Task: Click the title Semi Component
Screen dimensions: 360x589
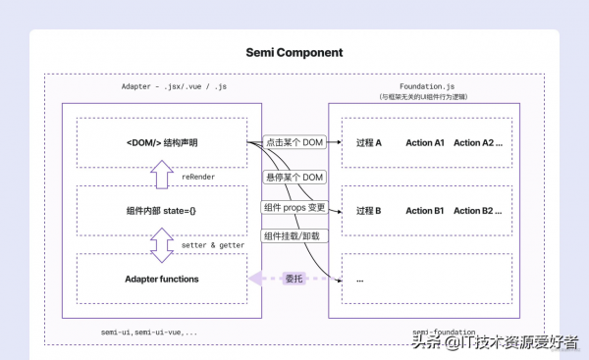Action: pyautogui.click(x=294, y=51)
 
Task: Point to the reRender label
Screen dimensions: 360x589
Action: pyautogui.click(x=199, y=178)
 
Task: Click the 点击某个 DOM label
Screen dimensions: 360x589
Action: pyautogui.click(x=294, y=143)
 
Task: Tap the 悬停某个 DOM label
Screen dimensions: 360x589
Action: pyautogui.click(x=294, y=177)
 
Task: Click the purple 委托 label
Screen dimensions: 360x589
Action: pyautogui.click(x=293, y=279)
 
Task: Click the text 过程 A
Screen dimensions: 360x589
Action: pyautogui.click(x=369, y=143)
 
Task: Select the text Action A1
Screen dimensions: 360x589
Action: pyautogui.click(x=425, y=143)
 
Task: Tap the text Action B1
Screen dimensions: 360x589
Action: pyautogui.click(x=425, y=211)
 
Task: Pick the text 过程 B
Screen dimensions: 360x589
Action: pyautogui.click(x=369, y=211)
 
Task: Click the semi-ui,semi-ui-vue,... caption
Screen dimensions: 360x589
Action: pyautogui.click(x=149, y=333)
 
